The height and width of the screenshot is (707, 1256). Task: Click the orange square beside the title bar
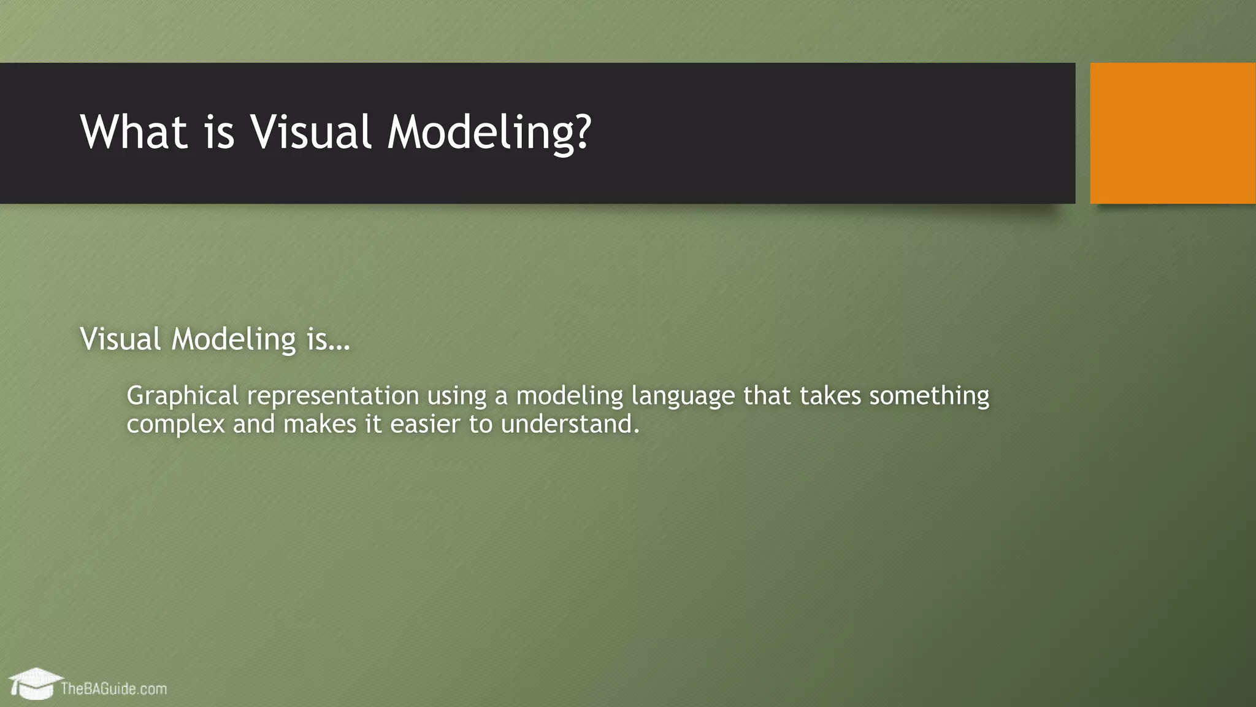[x=1172, y=133]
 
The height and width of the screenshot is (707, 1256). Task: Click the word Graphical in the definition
[x=182, y=396]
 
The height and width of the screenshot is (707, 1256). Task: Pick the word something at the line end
[x=929, y=396]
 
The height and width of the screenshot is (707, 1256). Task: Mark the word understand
[x=569, y=424]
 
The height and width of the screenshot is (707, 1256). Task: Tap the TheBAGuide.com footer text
[x=113, y=689]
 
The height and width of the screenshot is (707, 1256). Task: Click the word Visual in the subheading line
[x=120, y=339]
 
